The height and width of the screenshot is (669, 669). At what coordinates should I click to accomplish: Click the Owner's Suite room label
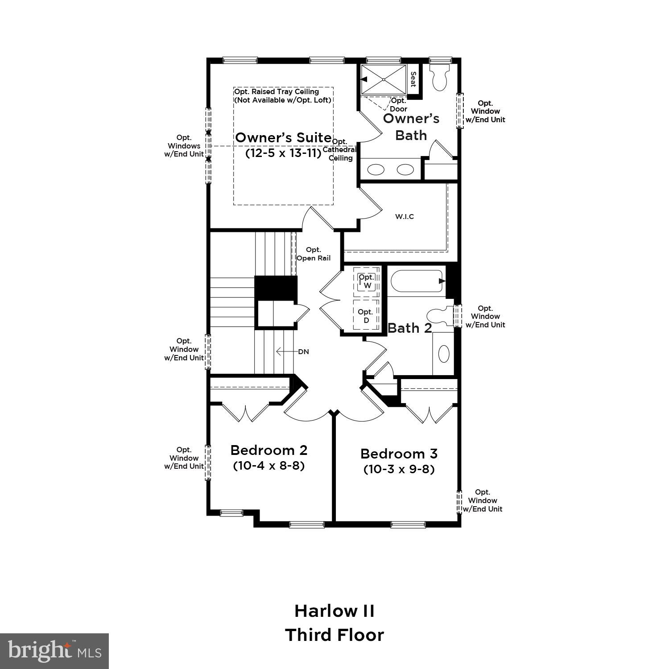coord(283,137)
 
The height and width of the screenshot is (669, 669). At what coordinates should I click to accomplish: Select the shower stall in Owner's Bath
coord(384,80)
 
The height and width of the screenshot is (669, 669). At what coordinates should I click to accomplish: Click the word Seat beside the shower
coord(413,80)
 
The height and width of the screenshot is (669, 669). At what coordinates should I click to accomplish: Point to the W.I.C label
coord(405,217)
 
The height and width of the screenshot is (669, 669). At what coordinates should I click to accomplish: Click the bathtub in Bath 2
coord(417,281)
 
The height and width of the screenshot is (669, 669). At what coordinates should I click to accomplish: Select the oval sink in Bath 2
coord(444,354)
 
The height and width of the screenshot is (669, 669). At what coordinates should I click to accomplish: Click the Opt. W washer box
coord(367,281)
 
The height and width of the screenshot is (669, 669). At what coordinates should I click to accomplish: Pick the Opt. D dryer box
coord(366,316)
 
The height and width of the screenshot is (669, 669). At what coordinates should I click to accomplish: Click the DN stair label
coord(303,351)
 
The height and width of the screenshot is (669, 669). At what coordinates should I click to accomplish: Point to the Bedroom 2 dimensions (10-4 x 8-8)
coord(268,466)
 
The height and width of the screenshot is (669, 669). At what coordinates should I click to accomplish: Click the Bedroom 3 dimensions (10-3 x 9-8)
coord(399,469)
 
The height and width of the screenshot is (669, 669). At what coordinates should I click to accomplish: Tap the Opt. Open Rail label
coord(314,254)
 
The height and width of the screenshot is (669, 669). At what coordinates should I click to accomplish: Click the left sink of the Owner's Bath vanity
coord(376,169)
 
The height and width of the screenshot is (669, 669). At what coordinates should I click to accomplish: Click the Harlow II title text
coord(334,611)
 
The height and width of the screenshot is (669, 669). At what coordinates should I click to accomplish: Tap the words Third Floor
coord(334,635)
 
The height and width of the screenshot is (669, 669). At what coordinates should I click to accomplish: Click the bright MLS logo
coord(54,651)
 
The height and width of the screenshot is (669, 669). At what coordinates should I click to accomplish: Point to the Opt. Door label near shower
coord(398,105)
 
